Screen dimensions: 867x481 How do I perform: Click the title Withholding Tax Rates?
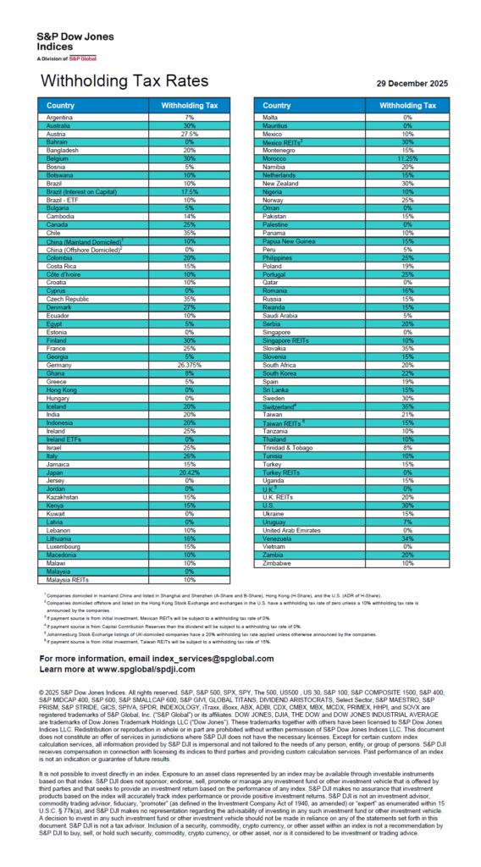coord(124,81)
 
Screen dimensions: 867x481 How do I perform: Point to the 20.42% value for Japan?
coord(190,473)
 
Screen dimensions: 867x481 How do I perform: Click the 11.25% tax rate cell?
coord(406,157)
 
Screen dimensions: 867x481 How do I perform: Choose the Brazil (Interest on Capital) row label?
coord(83,191)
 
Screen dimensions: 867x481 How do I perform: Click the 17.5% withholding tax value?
coord(190,191)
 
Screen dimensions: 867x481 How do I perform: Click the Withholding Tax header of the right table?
coord(406,105)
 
